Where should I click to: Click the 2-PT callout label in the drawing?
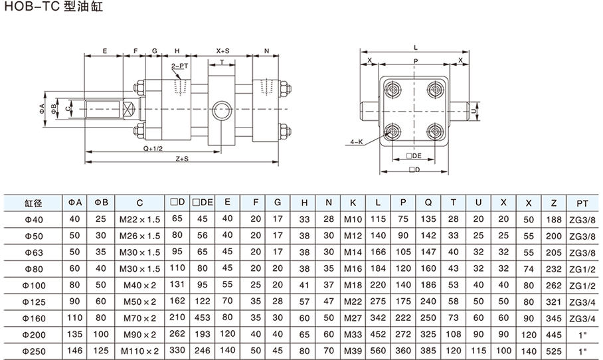pos(179,66)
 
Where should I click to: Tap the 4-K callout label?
pos(357,141)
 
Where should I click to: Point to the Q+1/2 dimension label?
pos(154,149)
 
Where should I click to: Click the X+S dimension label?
pos(222,50)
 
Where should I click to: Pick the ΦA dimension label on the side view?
pos(42,108)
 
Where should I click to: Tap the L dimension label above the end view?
pos(415,48)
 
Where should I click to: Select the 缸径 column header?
pos(33,203)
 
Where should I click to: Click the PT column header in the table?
pos(582,203)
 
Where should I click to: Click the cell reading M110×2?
pos(139,350)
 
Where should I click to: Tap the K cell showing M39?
pos(353,350)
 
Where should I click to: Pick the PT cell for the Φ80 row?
pos(582,268)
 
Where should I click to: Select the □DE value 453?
pos(201,317)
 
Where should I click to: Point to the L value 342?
pos(378,317)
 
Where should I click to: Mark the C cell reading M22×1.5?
pos(139,219)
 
